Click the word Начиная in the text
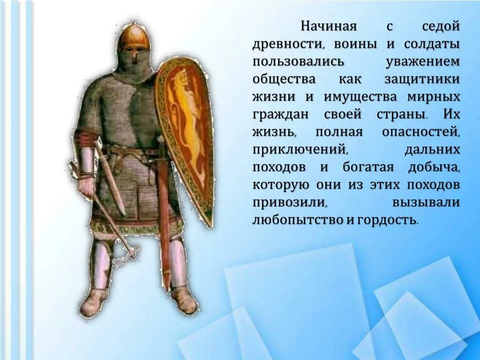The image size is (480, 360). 329,27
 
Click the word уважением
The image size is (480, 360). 422,62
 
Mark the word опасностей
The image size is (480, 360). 420,132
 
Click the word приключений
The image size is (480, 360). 300,150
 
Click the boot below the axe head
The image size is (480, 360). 94,303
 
